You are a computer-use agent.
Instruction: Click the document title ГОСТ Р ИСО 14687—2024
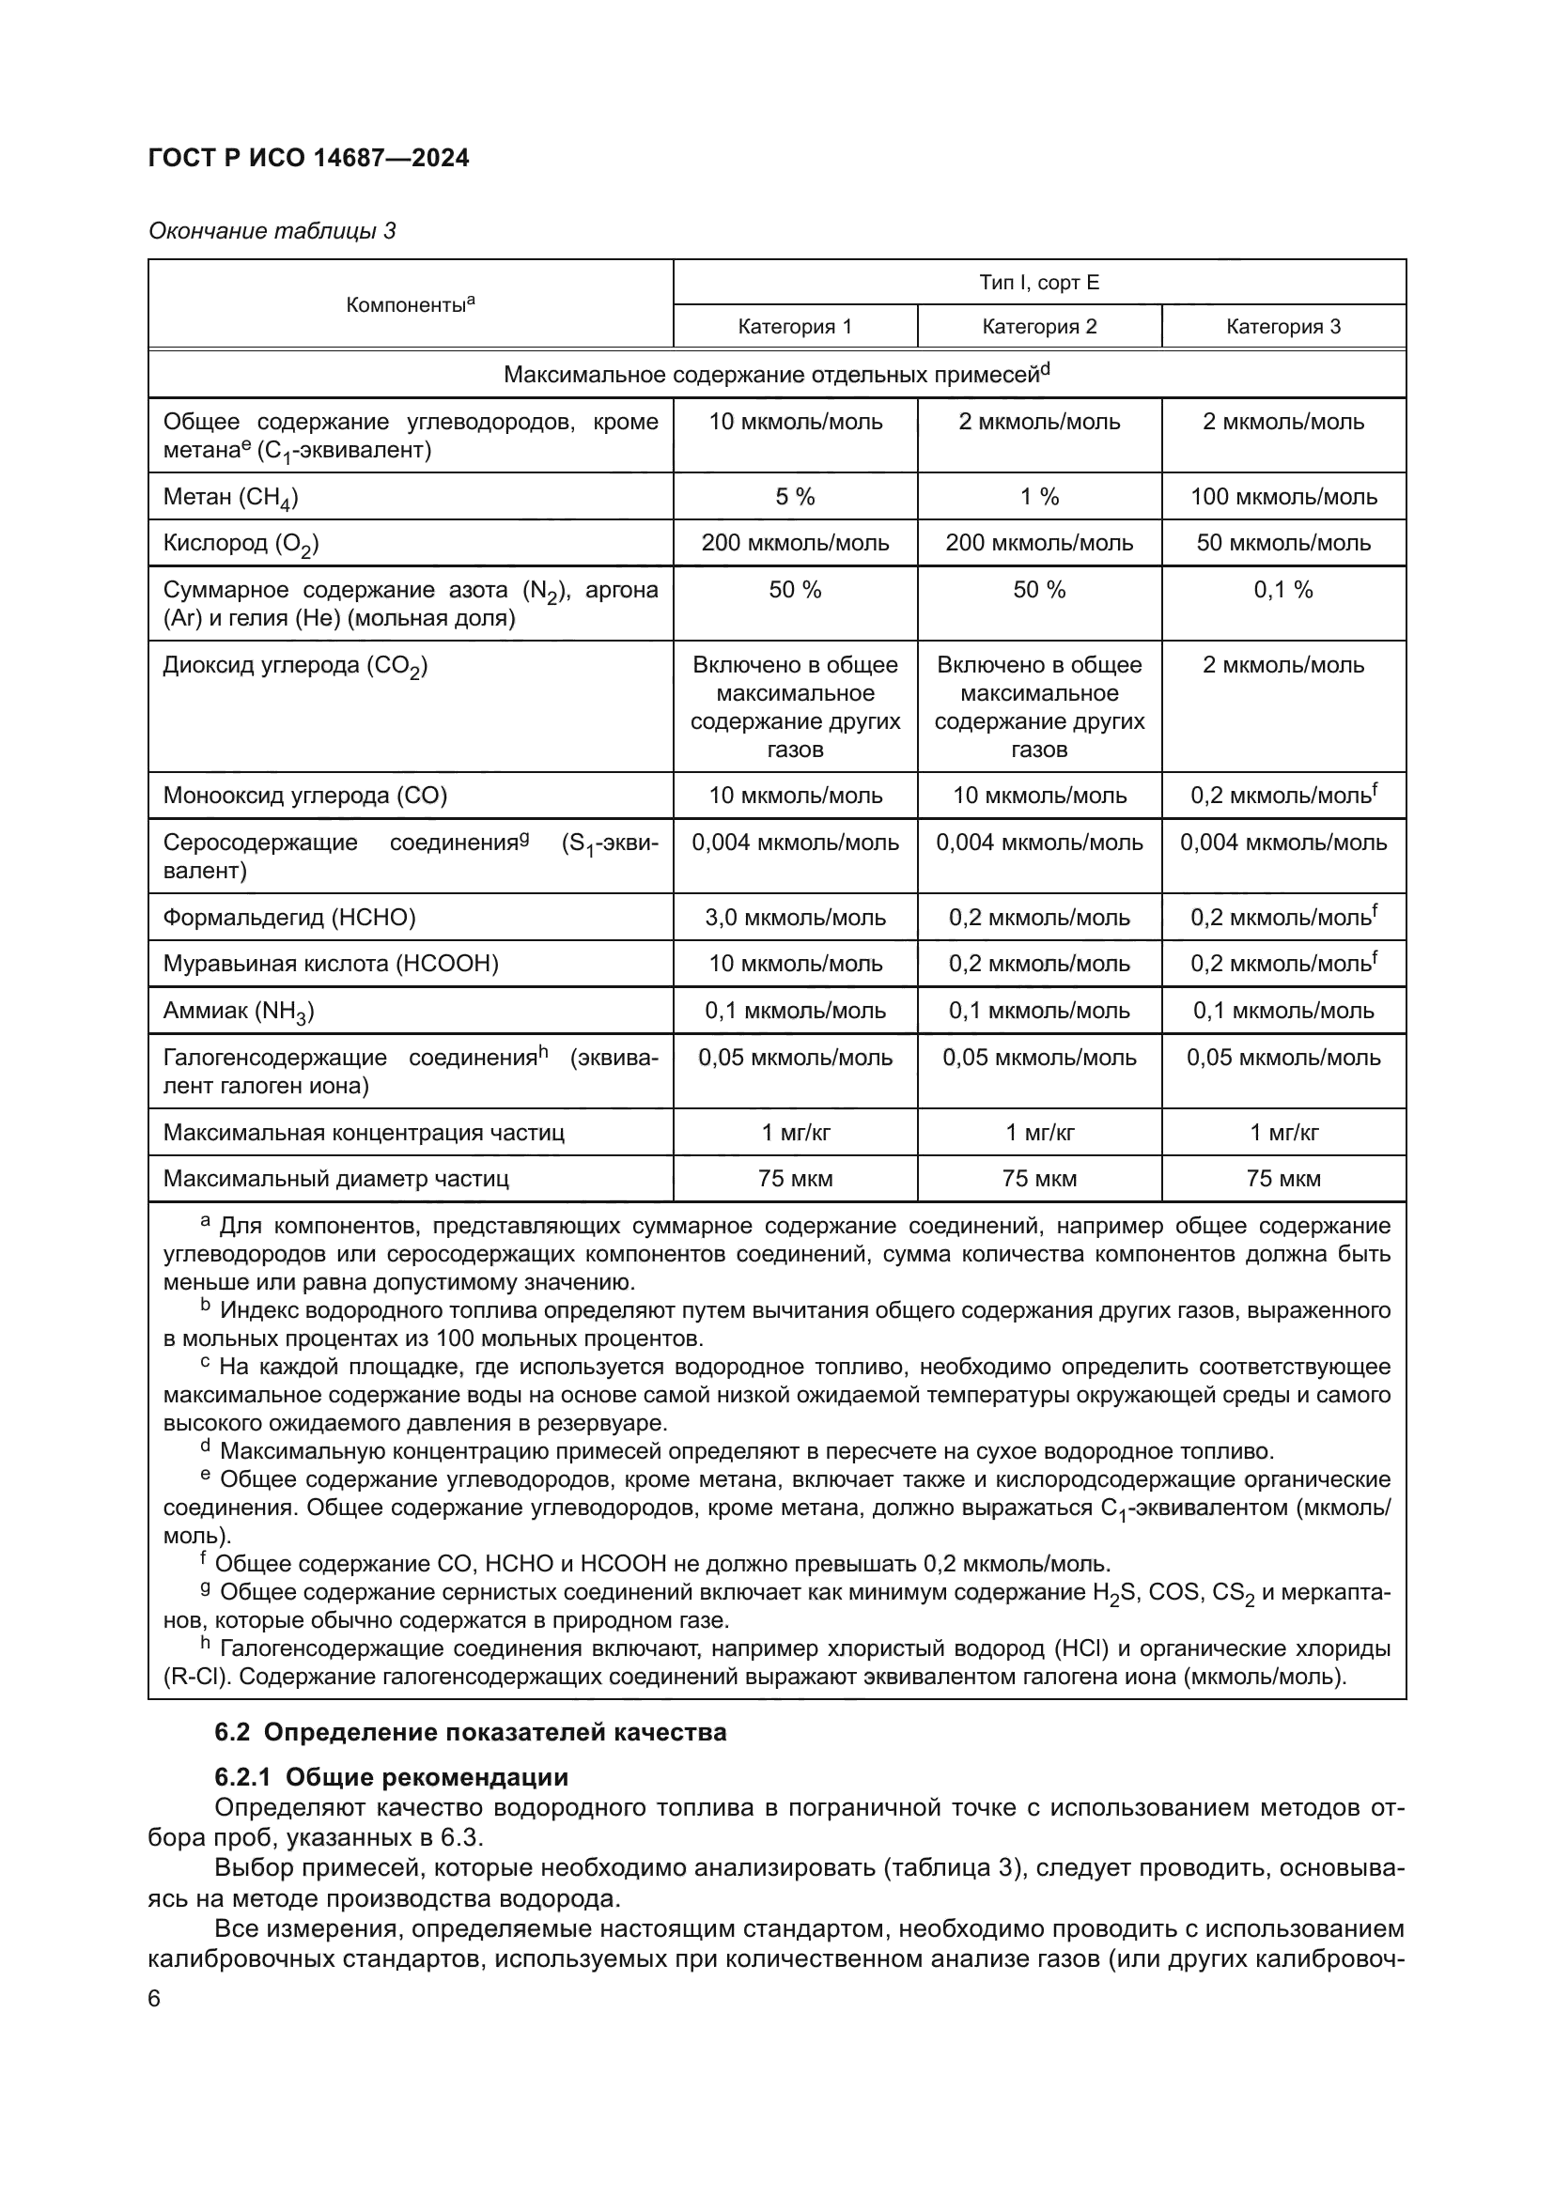pyautogui.click(x=308, y=159)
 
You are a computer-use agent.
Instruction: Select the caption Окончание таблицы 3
pyautogui.click(x=272, y=231)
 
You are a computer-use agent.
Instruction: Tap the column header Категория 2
pyautogui.click(x=1039, y=326)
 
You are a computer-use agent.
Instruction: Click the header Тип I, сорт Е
pyautogui.click(x=1039, y=283)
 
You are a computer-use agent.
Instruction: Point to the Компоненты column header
pyautogui.click(x=411, y=304)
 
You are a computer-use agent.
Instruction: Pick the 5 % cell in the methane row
pyautogui.click(x=794, y=497)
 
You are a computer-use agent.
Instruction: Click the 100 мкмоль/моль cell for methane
pyautogui.click(x=1283, y=497)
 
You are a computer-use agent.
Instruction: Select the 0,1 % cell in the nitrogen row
pyautogui.click(x=1283, y=590)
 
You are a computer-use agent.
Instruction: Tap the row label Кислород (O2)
pyautogui.click(x=241, y=544)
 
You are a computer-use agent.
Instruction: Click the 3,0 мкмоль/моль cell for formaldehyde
pyautogui.click(x=794, y=918)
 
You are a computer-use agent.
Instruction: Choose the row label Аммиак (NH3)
pyautogui.click(x=239, y=1011)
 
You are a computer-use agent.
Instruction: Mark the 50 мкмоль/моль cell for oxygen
pyautogui.click(x=1283, y=543)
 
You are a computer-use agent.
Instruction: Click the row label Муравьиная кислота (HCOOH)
pyautogui.click(x=331, y=964)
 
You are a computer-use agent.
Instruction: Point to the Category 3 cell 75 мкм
pyautogui.click(x=1283, y=1179)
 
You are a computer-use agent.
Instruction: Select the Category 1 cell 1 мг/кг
pyautogui.click(x=794, y=1133)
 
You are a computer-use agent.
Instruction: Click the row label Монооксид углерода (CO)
pyautogui.click(x=305, y=796)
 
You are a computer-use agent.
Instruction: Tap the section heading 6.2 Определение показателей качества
pyautogui.click(x=470, y=1732)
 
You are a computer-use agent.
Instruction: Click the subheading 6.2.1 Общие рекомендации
pyautogui.click(x=392, y=1777)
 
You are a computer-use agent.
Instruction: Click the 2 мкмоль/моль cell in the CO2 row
pyautogui.click(x=1283, y=665)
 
